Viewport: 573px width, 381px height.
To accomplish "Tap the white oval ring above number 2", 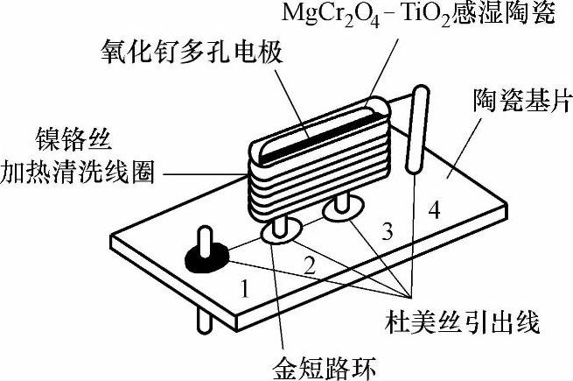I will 280,234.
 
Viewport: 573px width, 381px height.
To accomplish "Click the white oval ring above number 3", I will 344,209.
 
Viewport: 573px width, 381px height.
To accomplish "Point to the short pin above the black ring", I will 206,240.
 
